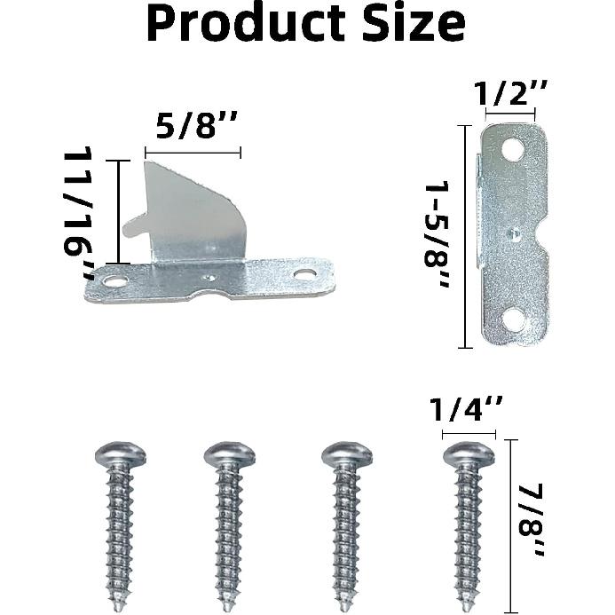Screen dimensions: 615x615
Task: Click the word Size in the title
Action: pyautogui.click(x=411, y=24)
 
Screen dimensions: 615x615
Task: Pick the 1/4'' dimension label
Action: pyautogui.click(x=467, y=412)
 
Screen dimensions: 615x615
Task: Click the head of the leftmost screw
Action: pyautogui.click(x=121, y=455)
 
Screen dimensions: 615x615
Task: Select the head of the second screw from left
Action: pyautogui.click(x=229, y=455)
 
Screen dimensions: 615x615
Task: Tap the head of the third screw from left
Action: pyautogui.click(x=347, y=455)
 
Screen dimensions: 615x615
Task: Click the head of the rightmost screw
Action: pyautogui.click(x=469, y=455)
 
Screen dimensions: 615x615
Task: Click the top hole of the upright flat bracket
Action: pyautogui.click(x=512, y=151)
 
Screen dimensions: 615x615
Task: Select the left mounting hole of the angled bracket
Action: pyautogui.click(x=114, y=281)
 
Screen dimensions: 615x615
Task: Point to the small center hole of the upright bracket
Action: pyautogui.click(x=514, y=234)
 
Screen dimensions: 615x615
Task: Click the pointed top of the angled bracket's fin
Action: pyautogui.click(x=146, y=162)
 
